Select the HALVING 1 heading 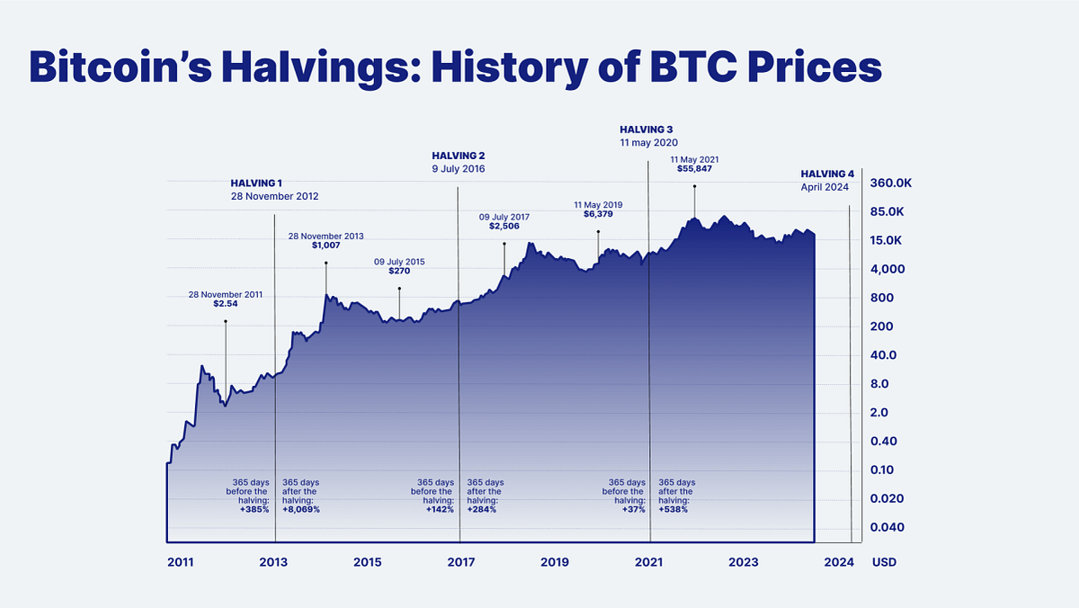256,183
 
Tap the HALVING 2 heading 458,156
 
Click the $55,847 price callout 695,168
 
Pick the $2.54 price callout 226,303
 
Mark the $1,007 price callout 325,245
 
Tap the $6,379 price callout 598,214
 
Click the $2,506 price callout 504,226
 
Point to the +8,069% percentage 301,509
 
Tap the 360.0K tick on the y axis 891,183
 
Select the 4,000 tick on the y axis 887,269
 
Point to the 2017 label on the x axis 460,562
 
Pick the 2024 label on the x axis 839,562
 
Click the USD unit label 883,562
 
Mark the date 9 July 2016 459,169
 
